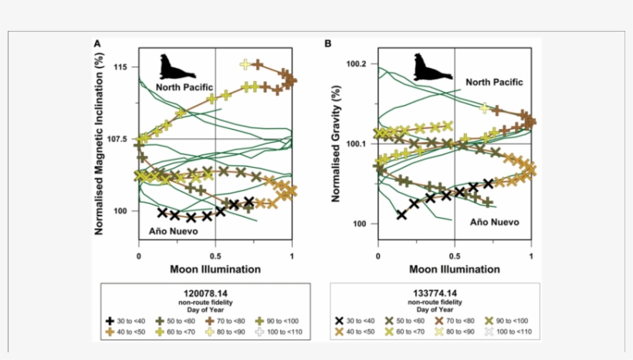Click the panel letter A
click(x=97, y=44)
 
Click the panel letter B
click(x=328, y=44)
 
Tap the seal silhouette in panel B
click(x=431, y=67)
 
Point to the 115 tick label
click(x=120, y=67)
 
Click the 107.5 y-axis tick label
click(x=117, y=139)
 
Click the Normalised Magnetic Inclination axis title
click(x=100, y=139)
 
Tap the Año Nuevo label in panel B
click(x=494, y=222)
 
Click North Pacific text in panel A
click(x=184, y=87)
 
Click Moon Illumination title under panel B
click(x=454, y=270)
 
